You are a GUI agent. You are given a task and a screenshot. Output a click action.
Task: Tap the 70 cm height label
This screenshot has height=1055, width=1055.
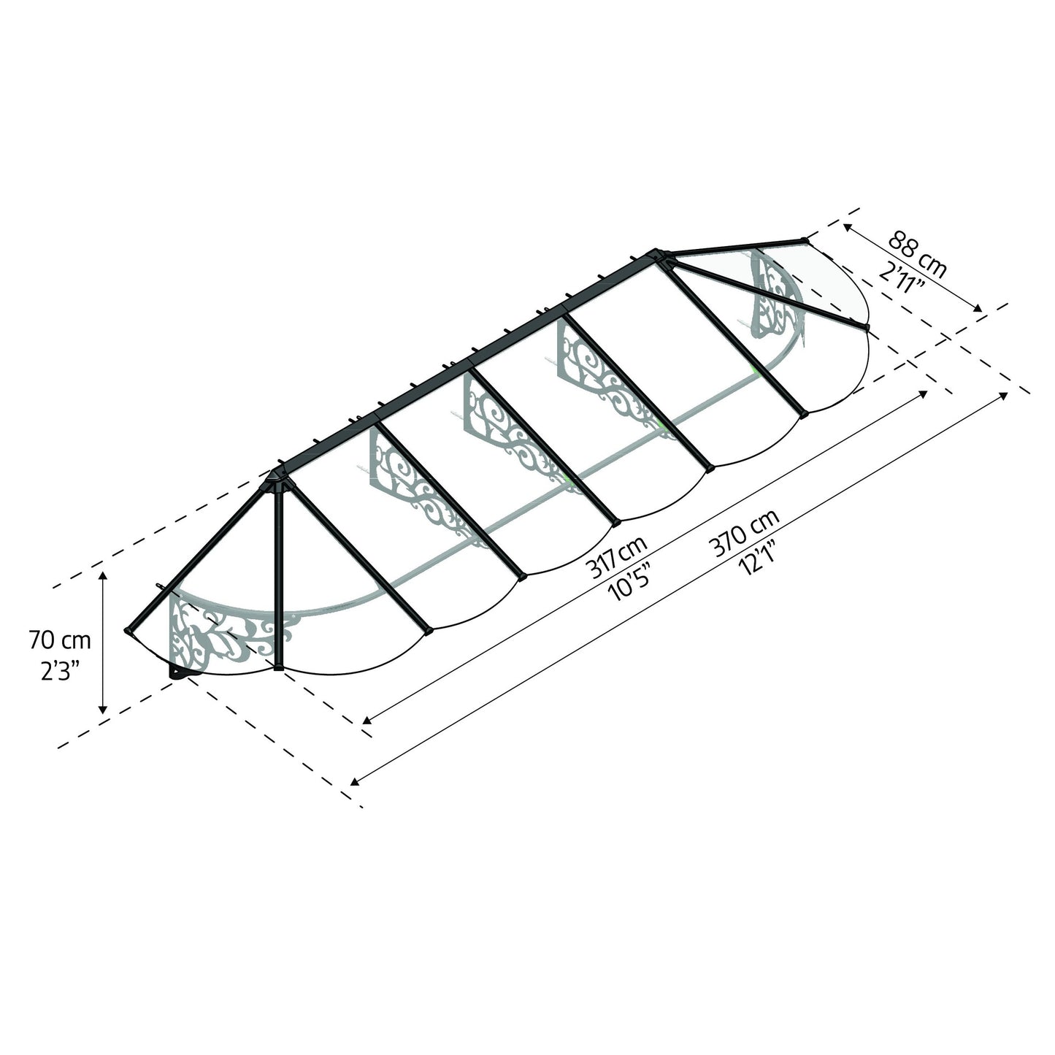(60, 641)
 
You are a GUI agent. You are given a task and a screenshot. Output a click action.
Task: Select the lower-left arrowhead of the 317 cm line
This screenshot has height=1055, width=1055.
(367, 721)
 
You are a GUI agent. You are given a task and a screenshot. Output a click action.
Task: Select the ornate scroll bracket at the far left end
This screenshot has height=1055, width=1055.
(219, 635)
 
